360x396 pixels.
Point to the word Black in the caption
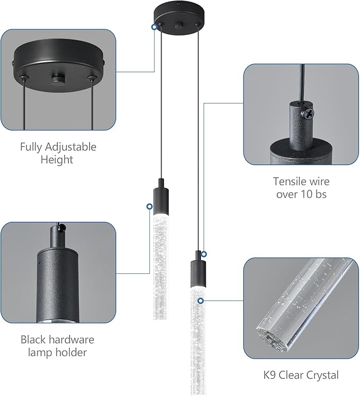[33, 339]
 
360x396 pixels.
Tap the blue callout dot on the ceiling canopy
[154, 26]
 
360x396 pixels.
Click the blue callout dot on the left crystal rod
[148, 206]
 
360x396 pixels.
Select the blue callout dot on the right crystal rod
[200, 301]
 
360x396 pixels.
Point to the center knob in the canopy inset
[57, 80]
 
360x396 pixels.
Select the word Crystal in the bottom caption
[321, 375]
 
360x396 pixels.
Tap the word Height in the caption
[58, 159]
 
